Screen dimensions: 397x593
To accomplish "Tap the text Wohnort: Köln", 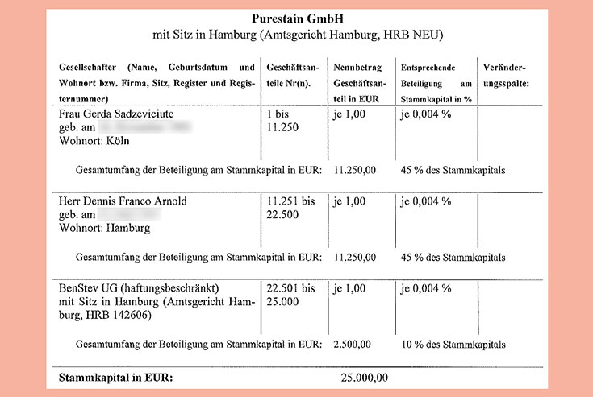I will (94, 141).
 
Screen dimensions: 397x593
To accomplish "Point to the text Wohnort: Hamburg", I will (105, 228).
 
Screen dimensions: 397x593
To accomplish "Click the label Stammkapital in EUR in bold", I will (112, 377).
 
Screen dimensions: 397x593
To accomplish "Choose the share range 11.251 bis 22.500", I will (290, 208).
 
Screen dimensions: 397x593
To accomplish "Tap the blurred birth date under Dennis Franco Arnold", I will (129, 214).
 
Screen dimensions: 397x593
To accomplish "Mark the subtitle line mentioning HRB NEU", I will (297, 36).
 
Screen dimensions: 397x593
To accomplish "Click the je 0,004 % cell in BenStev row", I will (425, 287).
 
